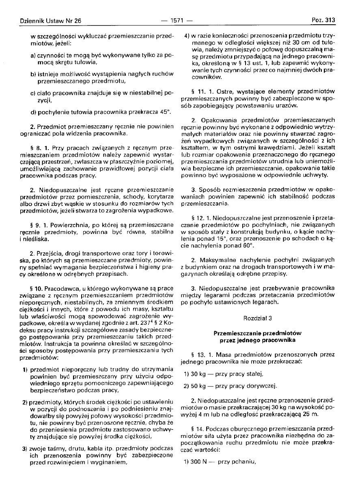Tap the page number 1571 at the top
pyautogui.click(x=177, y=20)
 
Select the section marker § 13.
pyautogui.click(x=198, y=354)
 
